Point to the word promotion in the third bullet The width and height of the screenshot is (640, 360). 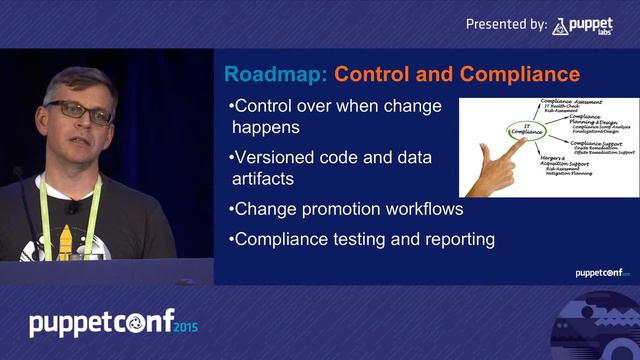tap(338, 209)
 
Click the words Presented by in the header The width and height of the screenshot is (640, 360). tap(506, 24)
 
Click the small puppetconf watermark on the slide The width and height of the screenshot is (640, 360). tap(599, 272)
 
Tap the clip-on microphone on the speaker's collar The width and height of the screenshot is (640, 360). tap(72, 208)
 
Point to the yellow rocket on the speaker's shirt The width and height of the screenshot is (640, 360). tap(64, 240)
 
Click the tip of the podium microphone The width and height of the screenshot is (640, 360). tap(17, 172)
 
